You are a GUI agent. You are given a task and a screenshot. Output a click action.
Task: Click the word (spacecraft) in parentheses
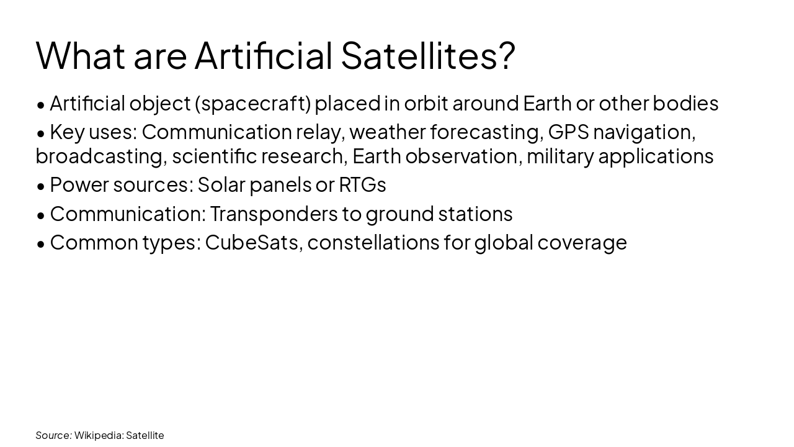coord(252,104)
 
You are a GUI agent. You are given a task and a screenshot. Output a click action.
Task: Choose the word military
coord(560,156)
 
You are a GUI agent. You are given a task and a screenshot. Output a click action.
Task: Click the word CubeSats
coord(253,243)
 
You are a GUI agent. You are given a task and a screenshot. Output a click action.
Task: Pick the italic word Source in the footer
coord(53,435)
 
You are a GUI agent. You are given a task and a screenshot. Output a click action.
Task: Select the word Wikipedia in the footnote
coord(97,435)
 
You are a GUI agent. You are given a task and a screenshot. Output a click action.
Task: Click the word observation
coord(462,156)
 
